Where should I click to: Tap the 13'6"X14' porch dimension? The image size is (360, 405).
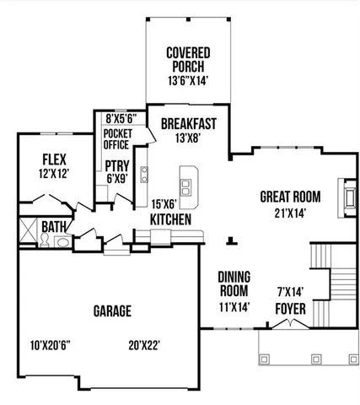(187, 81)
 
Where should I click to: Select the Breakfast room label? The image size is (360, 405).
(188, 123)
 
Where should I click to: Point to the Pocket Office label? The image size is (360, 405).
(116, 138)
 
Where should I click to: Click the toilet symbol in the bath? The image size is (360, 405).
(63, 241)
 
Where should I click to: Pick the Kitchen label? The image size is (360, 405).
(169, 219)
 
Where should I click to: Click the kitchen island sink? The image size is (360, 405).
(187, 179)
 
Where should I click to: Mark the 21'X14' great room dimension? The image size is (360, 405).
(282, 213)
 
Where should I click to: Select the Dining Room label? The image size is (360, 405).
(234, 284)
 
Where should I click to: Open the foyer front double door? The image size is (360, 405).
(291, 324)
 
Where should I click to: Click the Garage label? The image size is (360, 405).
(111, 310)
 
